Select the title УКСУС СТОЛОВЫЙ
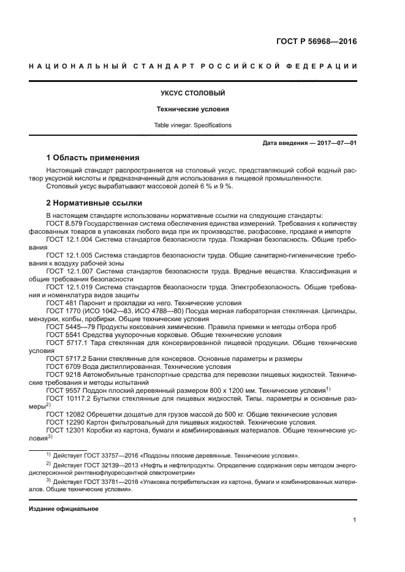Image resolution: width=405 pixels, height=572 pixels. pyautogui.click(x=193, y=94)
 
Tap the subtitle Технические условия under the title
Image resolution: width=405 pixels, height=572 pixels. pyautogui.click(x=193, y=110)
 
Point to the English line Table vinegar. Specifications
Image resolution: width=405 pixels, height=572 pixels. pyautogui.click(x=193, y=125)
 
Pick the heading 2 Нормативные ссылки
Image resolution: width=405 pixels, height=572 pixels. pyautogui.click(x=94, y=202)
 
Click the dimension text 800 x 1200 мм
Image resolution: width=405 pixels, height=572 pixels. pyautogui.click(x=238, y=390)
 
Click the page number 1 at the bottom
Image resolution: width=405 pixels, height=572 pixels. pyautogui.click(x=355, y=520)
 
